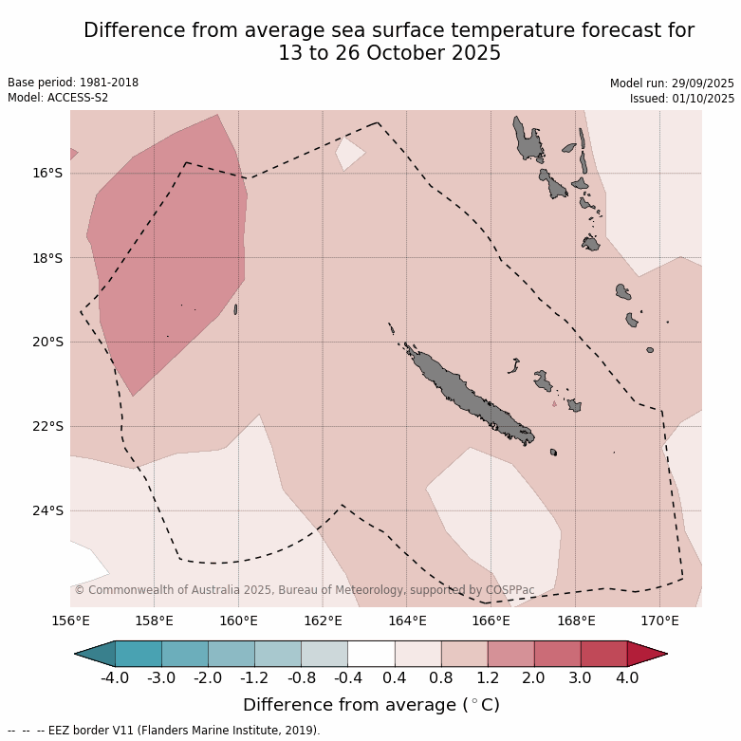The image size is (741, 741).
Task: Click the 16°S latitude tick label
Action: (46, 173)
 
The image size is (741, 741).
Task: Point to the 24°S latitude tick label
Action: (46, 510)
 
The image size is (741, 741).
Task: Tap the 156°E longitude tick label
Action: (70, 621)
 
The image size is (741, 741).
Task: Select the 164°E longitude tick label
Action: (407, 621)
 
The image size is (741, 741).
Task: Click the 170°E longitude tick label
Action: (659, 621)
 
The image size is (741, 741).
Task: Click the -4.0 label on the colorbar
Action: (115, 678)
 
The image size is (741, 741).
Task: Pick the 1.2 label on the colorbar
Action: (488, 678)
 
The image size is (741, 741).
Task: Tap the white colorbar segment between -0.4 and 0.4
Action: (371, 654)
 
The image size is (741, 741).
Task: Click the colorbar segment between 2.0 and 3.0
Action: (557, 654)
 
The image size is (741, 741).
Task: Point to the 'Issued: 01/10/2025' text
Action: (682, 98)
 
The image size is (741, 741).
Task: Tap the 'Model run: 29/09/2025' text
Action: (672, 83)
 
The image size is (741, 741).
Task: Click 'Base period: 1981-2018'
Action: (73, 83)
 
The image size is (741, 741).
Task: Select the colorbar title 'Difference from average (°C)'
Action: (371, 705)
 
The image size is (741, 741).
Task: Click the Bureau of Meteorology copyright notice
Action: (304, 590)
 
